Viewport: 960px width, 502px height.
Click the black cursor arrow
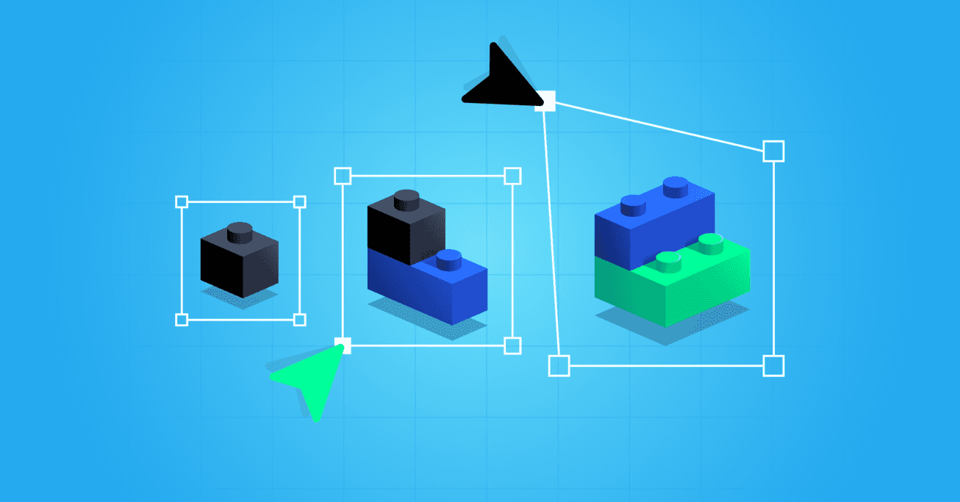click(x=500, y=80)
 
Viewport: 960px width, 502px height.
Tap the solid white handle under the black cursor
click(x=545, y=101)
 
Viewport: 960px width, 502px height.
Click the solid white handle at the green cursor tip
click(x=343, y=345)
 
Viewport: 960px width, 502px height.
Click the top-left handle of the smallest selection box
click(x=182, y=201)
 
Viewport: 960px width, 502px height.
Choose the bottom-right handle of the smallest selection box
click(x=299, y=319)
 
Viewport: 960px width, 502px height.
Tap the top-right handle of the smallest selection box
click(x=299, y=201)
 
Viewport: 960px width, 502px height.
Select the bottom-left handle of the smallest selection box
click(x=182, y=319)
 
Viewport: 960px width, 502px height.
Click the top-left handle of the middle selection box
click(x=343, y=176)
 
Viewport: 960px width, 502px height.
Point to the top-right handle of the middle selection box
click(x=512, y=176)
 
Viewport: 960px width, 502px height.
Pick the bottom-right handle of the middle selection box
click(x=512, y=345)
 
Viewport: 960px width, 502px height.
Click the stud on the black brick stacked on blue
click(x=406, y=199)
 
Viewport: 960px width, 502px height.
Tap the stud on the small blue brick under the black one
click(x=448, y=259)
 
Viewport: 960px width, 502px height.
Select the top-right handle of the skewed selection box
click(x=773, y=151)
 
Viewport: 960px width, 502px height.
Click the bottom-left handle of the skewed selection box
click(x=559, y=365)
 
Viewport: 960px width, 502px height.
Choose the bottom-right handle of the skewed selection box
click(x=773, y=365)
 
